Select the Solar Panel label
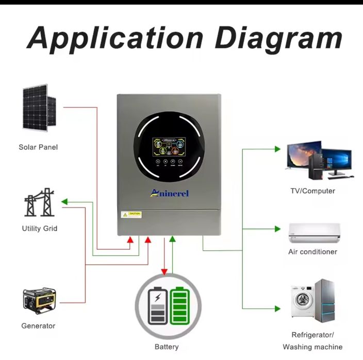point(38,147)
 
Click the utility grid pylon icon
point(40,202)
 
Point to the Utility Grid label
point(40,228)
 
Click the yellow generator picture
point(39,301)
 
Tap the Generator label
point(38,325)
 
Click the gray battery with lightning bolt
point(157,306)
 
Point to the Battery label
point(167,347)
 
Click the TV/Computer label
point(312,191)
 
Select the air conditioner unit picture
point(313,233)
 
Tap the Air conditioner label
point(312,252)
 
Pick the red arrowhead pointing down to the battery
point(164,272)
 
